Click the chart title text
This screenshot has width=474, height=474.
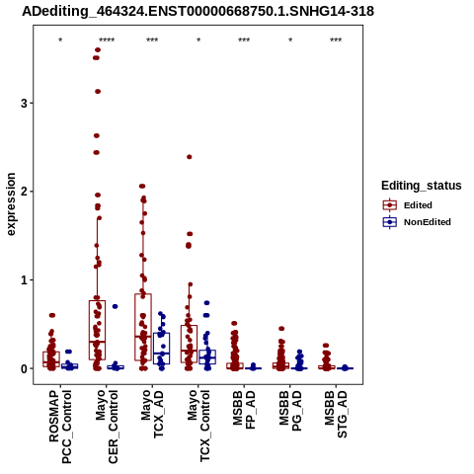point(197,12)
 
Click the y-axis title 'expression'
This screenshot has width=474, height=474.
point(11,204)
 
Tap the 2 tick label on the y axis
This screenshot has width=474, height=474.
point(24,192)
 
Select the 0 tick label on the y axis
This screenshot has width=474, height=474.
point(24,368)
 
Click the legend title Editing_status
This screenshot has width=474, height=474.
point(422,186)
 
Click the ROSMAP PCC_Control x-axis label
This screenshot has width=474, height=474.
point(60,427)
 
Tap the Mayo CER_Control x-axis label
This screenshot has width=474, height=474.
point(107,427)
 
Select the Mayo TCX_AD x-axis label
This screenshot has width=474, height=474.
point(152,414)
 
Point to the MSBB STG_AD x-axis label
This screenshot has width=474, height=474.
point(336,414)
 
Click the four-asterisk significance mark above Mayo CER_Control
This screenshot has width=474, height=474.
point(107,40)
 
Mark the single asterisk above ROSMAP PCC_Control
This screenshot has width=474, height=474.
point(60,40)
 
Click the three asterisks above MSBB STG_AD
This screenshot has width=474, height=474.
point(336,40)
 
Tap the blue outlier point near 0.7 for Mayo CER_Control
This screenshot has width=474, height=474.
point(115,306)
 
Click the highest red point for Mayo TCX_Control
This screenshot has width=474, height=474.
point(190,157)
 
